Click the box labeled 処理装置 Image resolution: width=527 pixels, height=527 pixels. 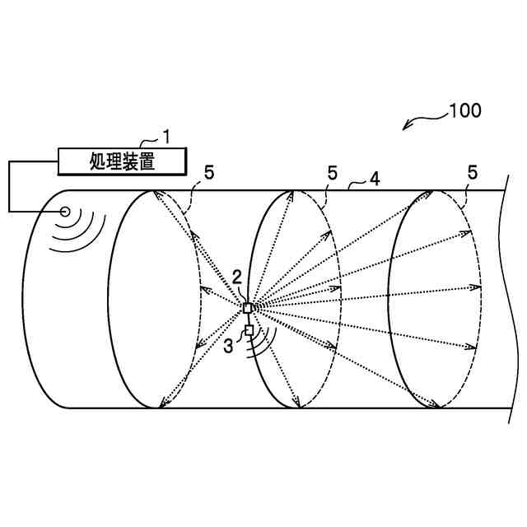121,161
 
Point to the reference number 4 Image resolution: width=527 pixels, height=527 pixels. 375,176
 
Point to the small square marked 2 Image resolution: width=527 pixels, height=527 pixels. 249,308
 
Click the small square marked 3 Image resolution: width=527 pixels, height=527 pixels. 249,330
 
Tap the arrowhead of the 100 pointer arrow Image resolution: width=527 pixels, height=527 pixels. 405,128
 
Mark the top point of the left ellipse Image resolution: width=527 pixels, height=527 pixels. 155,191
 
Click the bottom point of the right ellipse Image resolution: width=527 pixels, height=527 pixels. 435,407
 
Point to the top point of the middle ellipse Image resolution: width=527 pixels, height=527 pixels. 293,191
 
